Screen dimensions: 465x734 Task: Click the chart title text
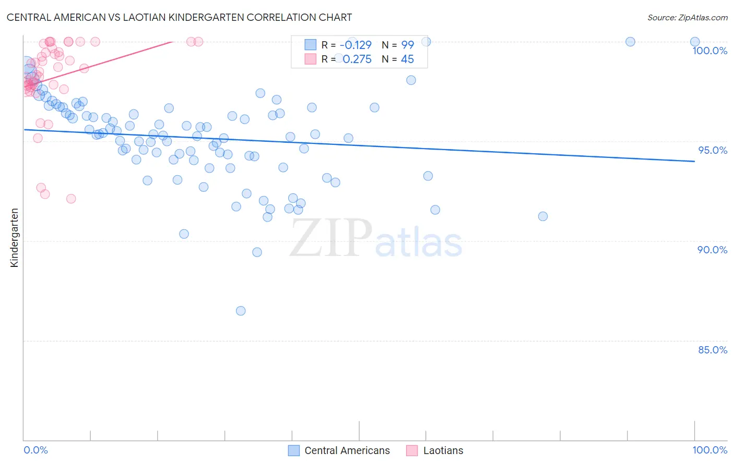click(x=179, y=17)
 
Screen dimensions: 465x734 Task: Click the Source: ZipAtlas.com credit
click(x=687, y=17)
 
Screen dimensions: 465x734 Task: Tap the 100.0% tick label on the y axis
click(x=709, y=51)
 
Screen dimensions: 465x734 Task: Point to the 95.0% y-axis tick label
click(x=713, y=150)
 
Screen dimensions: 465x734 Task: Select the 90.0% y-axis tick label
click(x=712, y=250)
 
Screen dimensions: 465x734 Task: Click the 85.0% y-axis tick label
click(x=713, y=350)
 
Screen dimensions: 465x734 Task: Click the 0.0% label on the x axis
click(x=35, y=450)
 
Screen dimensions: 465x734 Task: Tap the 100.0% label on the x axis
click(x=709, y=450)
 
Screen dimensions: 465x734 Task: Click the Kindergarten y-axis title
click(x=14, y=238)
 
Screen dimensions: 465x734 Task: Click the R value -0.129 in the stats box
click(x=356, y=45)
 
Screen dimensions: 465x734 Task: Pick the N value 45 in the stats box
click(x=407, y=59)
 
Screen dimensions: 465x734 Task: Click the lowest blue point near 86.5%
click(x=241, y=311)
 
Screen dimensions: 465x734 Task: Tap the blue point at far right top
click(x=694, y=42)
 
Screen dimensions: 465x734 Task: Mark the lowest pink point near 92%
click(x=71, y=199)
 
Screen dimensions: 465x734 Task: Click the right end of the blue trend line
click(x=694, y=162)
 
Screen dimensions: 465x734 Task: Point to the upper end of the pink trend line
click(x=172, y=42)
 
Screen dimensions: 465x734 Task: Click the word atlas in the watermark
click(x=419, y=243)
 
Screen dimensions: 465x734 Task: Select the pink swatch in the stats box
click(x=311, y=59)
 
